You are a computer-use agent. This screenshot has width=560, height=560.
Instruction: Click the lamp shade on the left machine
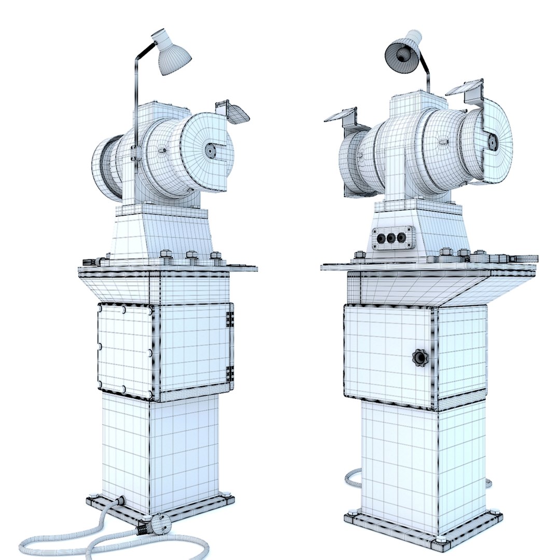[x=172, y=55]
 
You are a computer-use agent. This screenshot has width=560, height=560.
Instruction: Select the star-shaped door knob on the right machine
[x=419, y=357]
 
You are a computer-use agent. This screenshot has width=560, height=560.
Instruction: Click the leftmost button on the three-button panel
[x=381, y=238]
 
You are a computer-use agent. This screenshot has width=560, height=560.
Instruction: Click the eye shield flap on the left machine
[x=237, y=114]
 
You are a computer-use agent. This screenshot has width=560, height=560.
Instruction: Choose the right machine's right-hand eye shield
[x=464, y=87]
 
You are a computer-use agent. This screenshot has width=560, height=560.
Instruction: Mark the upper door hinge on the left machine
[x=230, y=318]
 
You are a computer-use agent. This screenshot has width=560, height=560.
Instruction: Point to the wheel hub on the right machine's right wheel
[x=492, y=141]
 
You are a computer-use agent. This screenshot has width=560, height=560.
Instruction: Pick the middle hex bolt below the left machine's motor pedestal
[x=191, y=255]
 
